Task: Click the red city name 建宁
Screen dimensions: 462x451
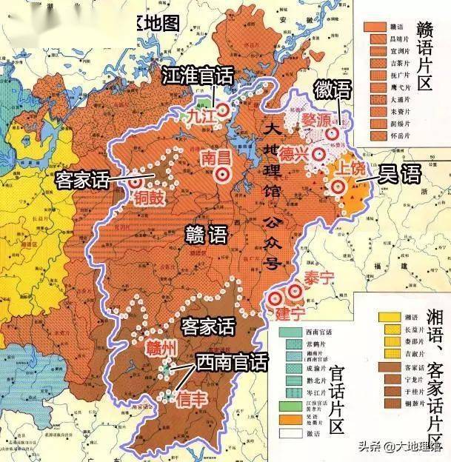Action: [291, 314]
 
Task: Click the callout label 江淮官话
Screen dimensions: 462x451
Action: [196, 76]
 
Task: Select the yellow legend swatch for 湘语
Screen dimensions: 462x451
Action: [388, 317]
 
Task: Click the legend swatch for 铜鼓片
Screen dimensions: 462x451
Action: [388, 404]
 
